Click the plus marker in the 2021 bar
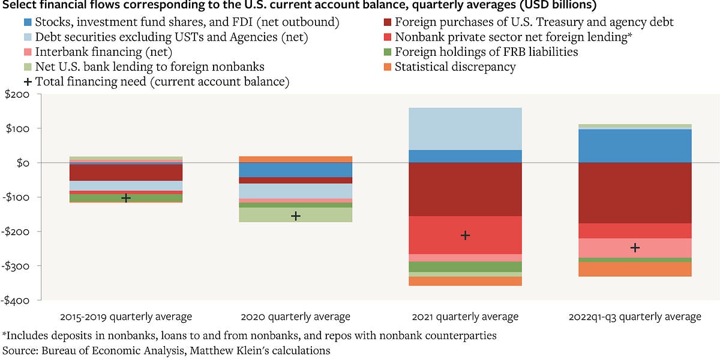465,235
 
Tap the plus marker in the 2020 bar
295,215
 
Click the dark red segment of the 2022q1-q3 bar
635,193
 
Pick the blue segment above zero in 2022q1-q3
635,145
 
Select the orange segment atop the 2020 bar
295,159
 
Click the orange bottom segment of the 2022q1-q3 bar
635,269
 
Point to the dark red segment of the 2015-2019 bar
125,172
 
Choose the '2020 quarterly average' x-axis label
295,317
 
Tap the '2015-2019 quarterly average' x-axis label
125,317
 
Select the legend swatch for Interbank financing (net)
26,52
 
